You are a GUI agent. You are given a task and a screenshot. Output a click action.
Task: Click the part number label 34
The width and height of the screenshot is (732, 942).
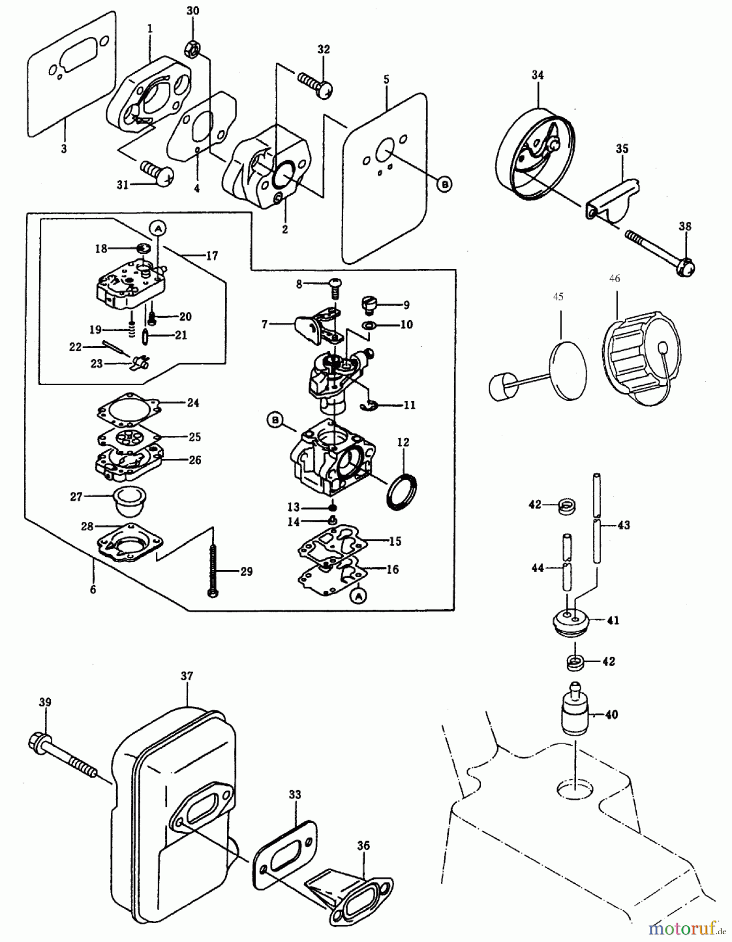click(537, 75)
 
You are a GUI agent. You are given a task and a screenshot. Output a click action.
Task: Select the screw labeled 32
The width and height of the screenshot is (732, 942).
click(314, 84)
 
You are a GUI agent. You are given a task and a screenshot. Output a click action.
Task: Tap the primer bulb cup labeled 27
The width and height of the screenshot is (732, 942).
click(130, 501)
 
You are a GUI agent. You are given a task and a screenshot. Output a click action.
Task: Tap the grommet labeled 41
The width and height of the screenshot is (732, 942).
click(572, 622)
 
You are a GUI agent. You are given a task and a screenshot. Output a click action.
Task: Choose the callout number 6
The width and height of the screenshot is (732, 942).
click(93, 589)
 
